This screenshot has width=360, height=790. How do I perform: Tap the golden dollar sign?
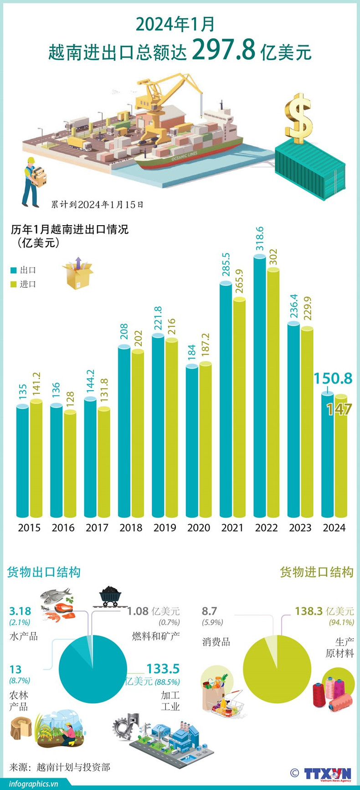click(x=298, y=118)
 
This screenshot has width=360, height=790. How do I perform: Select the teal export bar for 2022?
click(x=260, y=387)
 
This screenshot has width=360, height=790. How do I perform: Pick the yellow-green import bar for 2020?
click(x=206, y=440)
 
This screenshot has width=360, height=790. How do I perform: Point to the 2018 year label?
click(x=131, y=527)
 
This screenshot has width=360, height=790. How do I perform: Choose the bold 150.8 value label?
click(x=333, y=378)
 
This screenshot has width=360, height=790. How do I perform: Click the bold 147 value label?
click(x=339, y=409)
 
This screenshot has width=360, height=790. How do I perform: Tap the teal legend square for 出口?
click(x=14, y=270)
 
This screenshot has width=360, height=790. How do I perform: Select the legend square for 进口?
click(x=14, y=284)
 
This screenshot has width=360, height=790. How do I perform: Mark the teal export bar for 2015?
click(x=22, y=460)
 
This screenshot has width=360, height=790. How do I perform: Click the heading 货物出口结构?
click(x=44, y=572)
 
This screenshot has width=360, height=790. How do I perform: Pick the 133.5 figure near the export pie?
click(x=163, y=669)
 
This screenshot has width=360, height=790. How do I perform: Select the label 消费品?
click(x=216, y=642)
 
